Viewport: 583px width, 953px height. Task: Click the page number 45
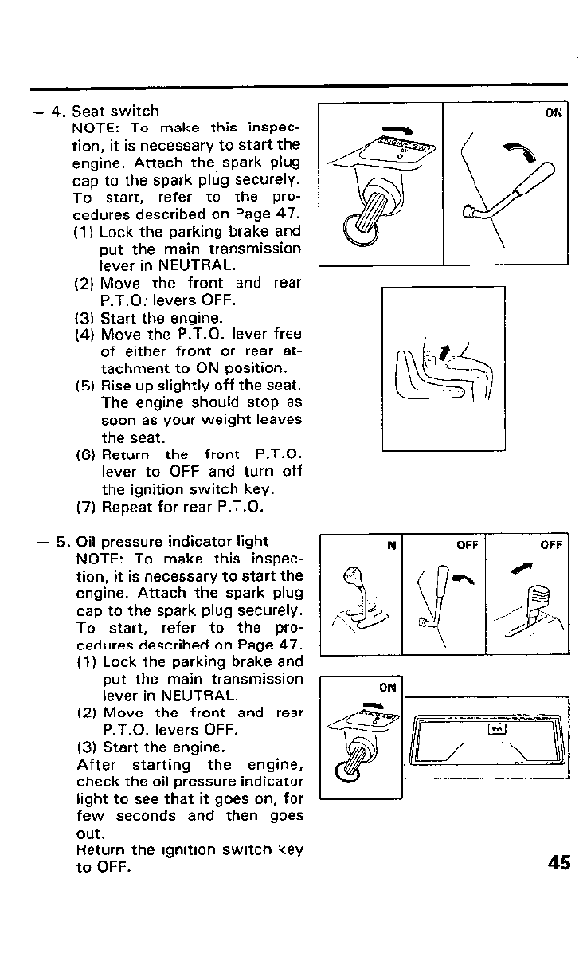[559, 862]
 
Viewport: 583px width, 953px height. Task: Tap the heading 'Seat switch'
[115, 112]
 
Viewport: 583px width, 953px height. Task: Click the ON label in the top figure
[554, 113]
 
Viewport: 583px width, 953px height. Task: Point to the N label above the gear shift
[391, 546]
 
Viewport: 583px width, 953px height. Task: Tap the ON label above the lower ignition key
[387, 686]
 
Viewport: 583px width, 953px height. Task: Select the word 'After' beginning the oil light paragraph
[96, 765]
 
